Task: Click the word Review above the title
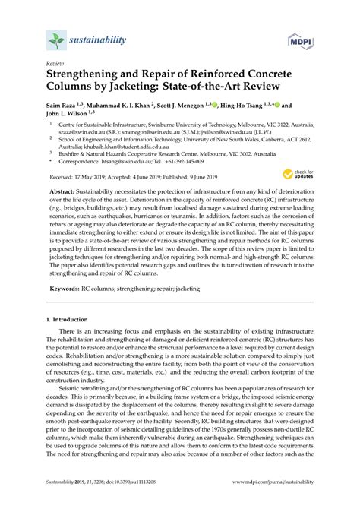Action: [x=55, y=66]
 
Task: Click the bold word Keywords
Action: [x=70, y=331]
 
